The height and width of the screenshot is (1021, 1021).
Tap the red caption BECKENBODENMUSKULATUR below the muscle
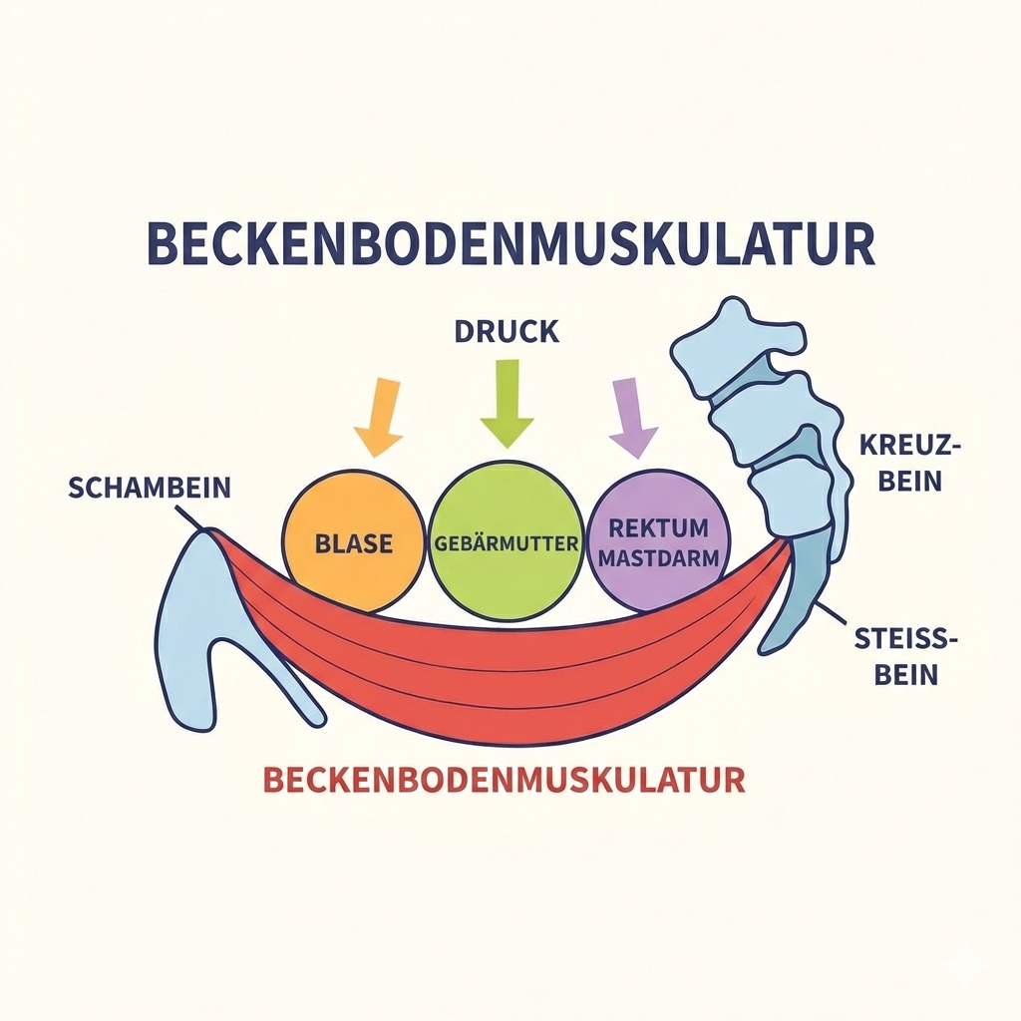tap(504, 779)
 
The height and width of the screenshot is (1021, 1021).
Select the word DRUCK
tap(507, 332)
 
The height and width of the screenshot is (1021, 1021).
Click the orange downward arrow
tap(379, 413)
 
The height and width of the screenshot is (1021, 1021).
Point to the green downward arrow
tap(508, 402)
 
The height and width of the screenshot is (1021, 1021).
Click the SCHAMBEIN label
tap(150, 489)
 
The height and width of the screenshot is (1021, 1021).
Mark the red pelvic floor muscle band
tap(499, 678)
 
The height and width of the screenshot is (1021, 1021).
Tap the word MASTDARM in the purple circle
tap(657, 558)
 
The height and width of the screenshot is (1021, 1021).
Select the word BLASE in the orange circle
tap(354, 544)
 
